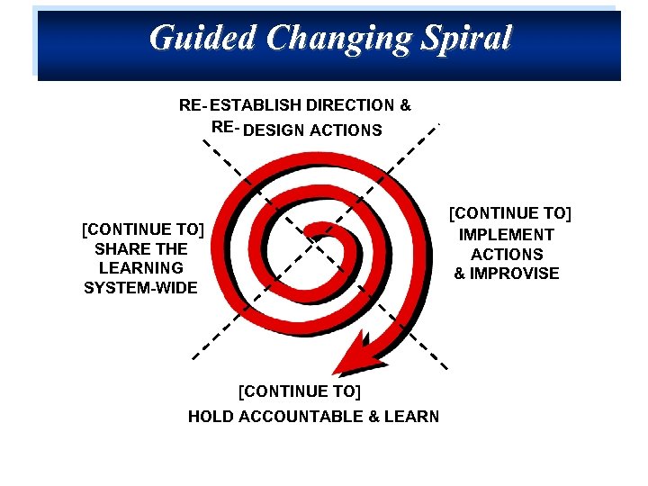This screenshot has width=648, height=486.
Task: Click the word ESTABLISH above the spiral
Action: [x=255, y=105]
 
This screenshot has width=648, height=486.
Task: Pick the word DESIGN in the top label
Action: [x=274, y=130]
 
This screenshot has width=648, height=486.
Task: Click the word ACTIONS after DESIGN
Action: [x=346, y=130]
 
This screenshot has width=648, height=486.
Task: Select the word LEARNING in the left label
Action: [x=141, y=268]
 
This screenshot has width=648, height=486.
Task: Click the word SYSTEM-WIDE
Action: [x=140, y=288]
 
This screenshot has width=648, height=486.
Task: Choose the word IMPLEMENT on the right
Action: [x=507, y=235]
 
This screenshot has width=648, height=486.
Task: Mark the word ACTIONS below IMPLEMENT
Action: [x=507, y=255]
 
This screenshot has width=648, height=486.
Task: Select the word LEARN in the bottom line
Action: [x=413, y=417]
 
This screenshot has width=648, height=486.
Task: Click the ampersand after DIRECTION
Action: [x=405, y=105]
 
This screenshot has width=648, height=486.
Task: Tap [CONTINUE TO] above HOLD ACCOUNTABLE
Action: [x=299, y=391]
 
